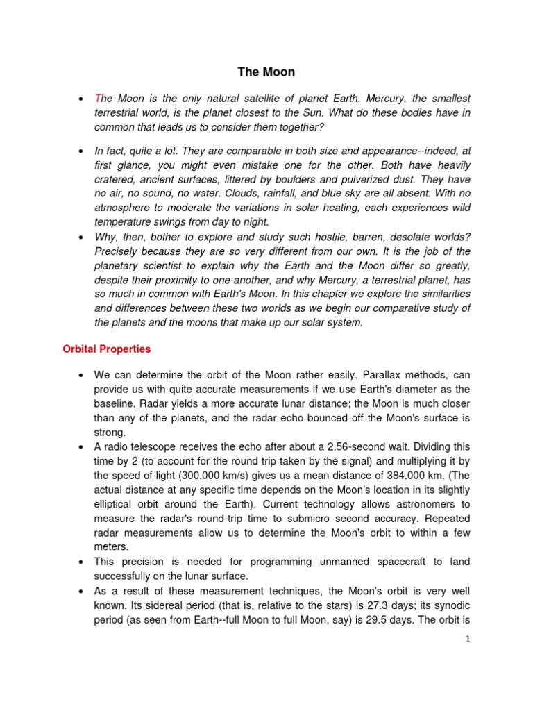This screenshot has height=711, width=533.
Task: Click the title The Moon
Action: click(x=266, y=72)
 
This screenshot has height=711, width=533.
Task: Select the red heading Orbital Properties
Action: click(x=106, y=349)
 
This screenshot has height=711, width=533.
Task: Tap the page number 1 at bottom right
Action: click(x=468, y=639)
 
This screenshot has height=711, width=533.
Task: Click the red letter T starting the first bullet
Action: click(x=97, y=99)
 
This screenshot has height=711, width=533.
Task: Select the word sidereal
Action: click(x=152, y=606)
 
